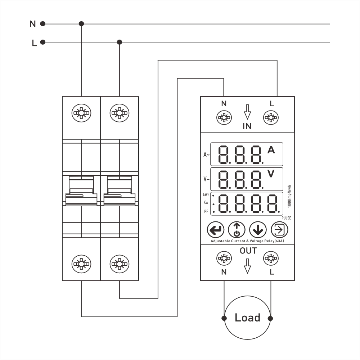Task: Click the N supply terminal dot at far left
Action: click(x=43, y=24)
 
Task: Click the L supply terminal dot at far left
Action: click(x=43, y=42)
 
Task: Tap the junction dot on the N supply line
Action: click(x=81, y=24)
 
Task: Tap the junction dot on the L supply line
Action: click(x=120, y=42)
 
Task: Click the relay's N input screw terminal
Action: click(x=224, y=118)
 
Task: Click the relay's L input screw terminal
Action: click(x=271, y=118)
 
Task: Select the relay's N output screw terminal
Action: click(x=224, y=258)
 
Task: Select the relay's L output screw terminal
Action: click(x=271, y=258)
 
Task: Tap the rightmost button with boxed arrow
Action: click(x=279, y=230)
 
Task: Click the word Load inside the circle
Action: click(x=248, y=318)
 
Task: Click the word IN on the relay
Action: click(x=247, y=126)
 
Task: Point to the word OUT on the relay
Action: click(x=248, y=251)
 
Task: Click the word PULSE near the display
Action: click(x=286, y=218)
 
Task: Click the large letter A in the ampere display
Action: click(x=271, y=150)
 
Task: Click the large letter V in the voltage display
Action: click(x=271, y=174)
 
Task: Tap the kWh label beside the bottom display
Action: click(x=206, y=195)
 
